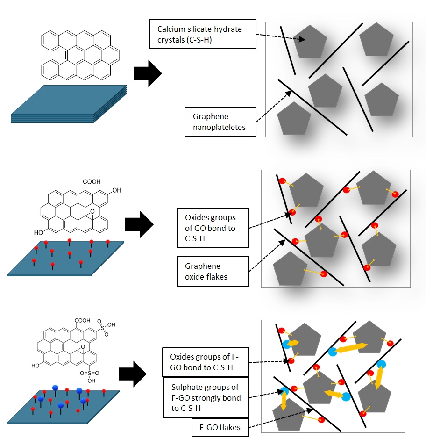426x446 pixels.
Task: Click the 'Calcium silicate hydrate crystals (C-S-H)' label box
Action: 203,34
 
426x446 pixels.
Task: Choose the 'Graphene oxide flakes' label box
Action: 213,272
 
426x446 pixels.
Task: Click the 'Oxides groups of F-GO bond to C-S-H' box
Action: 206,361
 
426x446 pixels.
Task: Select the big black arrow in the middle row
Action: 139,224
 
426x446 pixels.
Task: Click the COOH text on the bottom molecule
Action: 82,321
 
